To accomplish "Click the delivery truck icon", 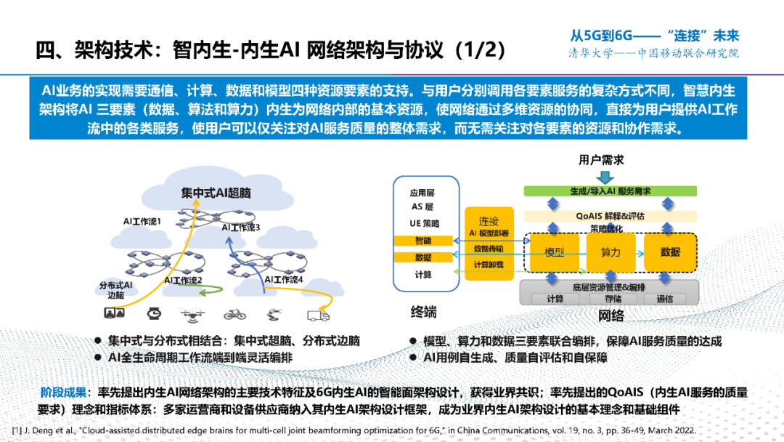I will (x=315, y=314).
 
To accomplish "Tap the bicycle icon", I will (x=234, y=314).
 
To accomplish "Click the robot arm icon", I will (x=273, y=314).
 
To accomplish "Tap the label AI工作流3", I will (x=241, y=228).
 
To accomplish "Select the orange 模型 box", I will (x=554, y=252).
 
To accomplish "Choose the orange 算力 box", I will (x=611, y=252).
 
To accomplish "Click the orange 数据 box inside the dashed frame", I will (x=670, y=252).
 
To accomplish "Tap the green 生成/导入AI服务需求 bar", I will (x=610, y=191).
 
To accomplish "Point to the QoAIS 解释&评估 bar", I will (x=610, y=216).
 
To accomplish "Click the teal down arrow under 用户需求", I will (x=603, y=176).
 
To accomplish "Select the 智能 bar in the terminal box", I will (x=423, y=240).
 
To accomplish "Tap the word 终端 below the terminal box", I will (x=424, y=313).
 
